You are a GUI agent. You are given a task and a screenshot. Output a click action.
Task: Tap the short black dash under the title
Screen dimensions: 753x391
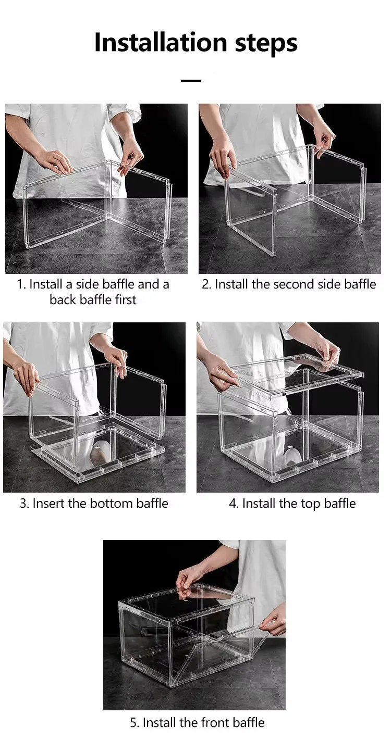(x=191, y=81)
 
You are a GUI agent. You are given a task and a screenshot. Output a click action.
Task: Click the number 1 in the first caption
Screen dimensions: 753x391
(x=21, y=284)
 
